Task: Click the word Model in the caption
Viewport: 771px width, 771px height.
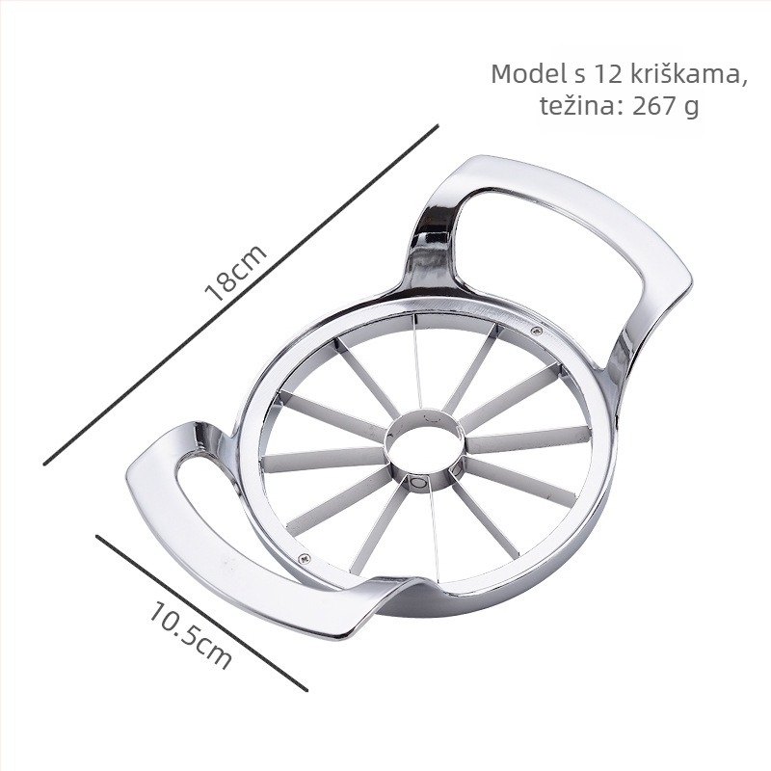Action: point(528,74)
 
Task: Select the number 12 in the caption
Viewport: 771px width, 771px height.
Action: point(606,75)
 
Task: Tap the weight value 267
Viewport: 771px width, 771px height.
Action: point(654,105)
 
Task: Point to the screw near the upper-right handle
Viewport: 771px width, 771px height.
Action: point(538,331)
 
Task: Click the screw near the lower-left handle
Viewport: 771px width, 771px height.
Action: point(305,558)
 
